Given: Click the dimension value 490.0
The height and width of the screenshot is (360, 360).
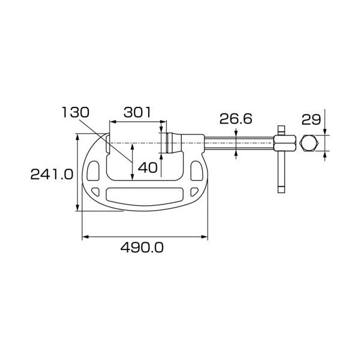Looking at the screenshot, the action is pyautogui.click(x=142, y=247).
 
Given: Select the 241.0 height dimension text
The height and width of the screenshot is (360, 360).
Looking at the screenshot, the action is pyautogui.click(x=52, y=174).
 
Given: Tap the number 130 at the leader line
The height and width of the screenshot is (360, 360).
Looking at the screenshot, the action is pyautogui.click(x=76, y=113).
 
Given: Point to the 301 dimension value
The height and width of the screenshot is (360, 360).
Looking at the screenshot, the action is pyautogui.click(x=137, y=113).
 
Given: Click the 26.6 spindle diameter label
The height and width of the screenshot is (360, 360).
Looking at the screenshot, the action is pyautogui.click(x=236, y=119).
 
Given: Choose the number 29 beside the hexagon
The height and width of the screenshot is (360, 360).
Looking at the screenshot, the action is pyautogui.click(x=311, y=119).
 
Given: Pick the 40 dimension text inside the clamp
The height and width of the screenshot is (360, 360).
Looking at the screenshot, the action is pyautogui.click(x=148, y=167).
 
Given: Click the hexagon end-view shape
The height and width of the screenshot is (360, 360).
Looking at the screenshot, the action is pyautogui.click(x=309, y=143).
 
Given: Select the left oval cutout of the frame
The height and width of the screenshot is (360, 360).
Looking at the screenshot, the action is pyautogui.click(x=93, y=170).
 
